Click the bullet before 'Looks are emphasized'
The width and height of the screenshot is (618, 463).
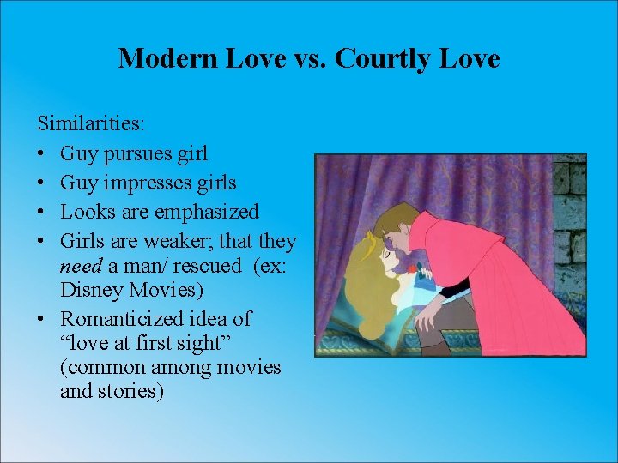[x=43, y=212]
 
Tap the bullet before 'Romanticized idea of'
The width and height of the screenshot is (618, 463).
[x=43, y=320]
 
